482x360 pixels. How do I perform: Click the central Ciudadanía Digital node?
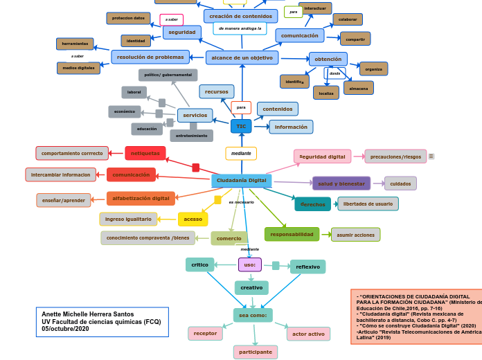point(241,181)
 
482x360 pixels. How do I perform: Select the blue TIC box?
point(241,127)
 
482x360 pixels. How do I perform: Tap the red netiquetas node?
point(145,153)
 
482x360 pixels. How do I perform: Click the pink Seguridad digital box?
point(322,156)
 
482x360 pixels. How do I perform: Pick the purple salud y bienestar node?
point(341,183)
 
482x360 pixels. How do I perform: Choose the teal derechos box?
point(312,204)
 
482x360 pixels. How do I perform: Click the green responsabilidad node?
point(292,235)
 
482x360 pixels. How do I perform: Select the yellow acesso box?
point(193,219)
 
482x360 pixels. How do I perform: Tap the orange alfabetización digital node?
point(141,199)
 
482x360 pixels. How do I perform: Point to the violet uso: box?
point(249,264)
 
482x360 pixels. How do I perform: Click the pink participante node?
point(255,352)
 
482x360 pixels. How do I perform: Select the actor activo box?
point(308,334)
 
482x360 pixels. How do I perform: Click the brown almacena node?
point(359,88)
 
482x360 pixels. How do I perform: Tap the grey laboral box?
point(134,92)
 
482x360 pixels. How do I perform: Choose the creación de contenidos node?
point(240,16)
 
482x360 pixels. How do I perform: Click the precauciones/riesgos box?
point(395,156)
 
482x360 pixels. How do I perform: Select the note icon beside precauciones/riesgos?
point(431,156)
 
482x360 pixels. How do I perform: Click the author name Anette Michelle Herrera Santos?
point(88,314)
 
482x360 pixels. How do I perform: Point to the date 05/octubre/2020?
point(66,329)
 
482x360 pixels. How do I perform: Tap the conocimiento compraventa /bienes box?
point(148,238)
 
